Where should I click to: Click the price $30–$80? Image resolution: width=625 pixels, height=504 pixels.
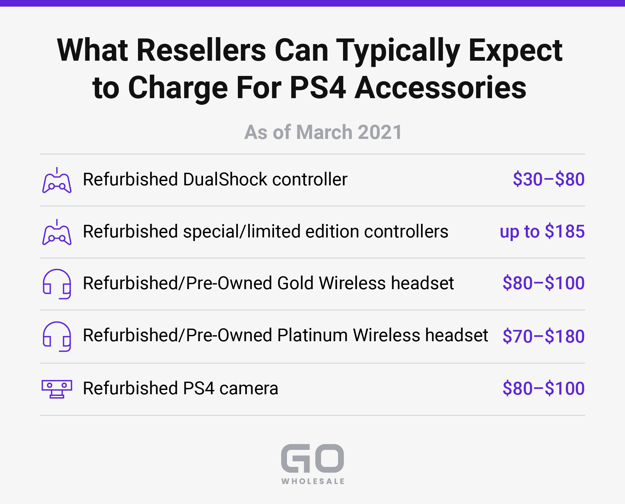coord(549,179)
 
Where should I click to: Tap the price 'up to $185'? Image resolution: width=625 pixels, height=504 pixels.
coord(542,231)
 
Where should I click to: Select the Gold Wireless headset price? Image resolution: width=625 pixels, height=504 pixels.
coord(543,283)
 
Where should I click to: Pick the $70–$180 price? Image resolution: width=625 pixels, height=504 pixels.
coord(543,336)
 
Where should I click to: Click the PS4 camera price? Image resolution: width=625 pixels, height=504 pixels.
coord(543,388)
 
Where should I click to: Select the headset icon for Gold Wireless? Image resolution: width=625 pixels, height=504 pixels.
coord(57,284)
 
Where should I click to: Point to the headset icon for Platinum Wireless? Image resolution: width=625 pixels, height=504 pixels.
coord(57,336)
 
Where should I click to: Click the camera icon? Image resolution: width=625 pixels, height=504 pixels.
coord(57,389)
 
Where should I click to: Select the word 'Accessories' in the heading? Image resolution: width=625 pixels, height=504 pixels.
coord(441,88)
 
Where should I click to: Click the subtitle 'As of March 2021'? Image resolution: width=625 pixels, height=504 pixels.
coord(323,132)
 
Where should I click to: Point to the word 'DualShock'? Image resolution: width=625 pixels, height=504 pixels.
coord(225,179)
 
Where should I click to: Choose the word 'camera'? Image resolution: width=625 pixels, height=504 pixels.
coord(249,389)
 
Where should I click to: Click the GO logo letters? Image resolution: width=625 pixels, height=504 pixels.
coord(312,458)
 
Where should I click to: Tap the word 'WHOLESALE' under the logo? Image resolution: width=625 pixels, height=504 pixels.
coord(313,481)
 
